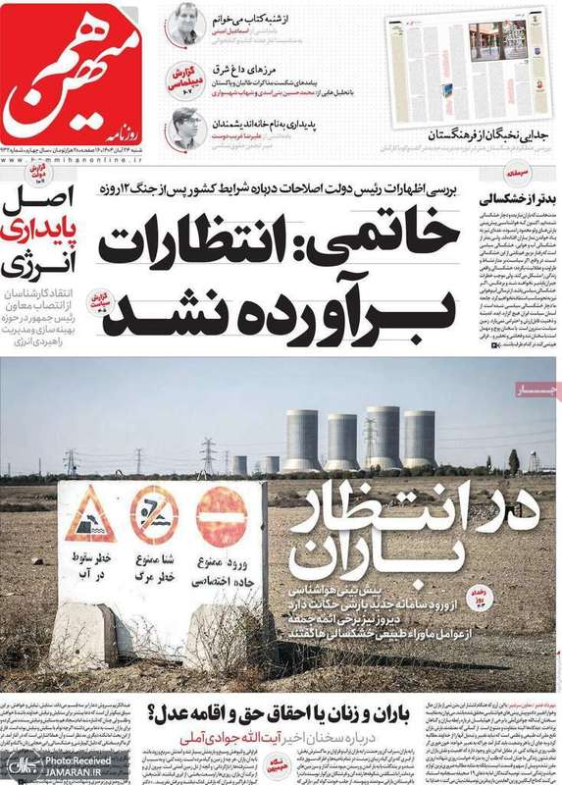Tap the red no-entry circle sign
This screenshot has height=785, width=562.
[223, 517]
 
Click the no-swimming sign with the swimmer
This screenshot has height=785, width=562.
[155, 516]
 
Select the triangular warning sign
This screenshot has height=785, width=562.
[90, 517]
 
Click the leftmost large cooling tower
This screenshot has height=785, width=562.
[301, 441]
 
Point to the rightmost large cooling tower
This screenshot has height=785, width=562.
[419, 439]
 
